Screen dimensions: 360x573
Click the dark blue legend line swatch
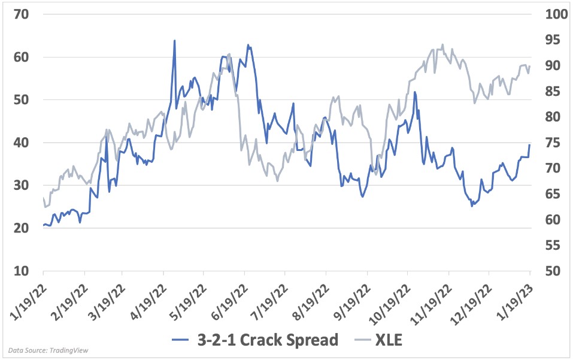point(185,340)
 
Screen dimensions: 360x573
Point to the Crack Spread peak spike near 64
point(174,41)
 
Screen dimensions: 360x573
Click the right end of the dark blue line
point(529,145)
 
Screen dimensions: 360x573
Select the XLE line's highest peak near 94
point(442,44)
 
